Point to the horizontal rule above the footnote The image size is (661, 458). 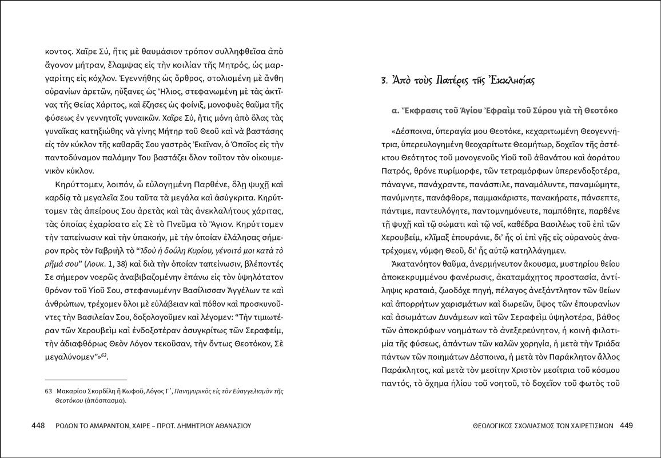(x=86, y=380)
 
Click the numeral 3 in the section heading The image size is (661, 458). (x=384, y=81)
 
